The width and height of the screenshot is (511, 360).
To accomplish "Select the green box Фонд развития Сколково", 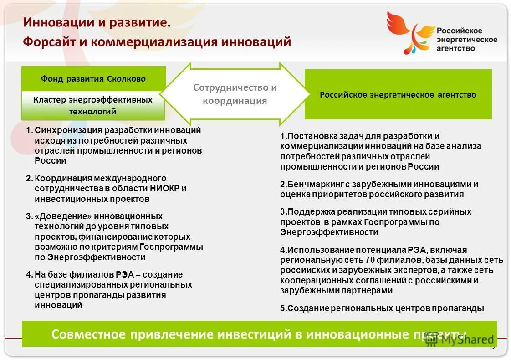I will [93, 79].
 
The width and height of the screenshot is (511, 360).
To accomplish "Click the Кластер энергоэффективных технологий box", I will [93, 105].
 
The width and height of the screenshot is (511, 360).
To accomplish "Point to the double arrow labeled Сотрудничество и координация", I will [235, 94].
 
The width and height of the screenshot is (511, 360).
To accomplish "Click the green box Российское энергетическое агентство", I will [398, 95].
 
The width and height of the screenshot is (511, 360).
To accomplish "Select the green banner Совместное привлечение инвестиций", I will [259, 334].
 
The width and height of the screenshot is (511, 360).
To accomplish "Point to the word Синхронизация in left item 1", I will [66, 130].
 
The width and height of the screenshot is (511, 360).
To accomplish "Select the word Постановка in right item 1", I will [309, 136].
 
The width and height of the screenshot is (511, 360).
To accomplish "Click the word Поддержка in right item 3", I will [307, 212].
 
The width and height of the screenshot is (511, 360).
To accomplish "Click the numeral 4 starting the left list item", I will [28, 275].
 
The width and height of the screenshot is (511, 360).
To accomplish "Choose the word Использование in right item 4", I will [314, 250].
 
